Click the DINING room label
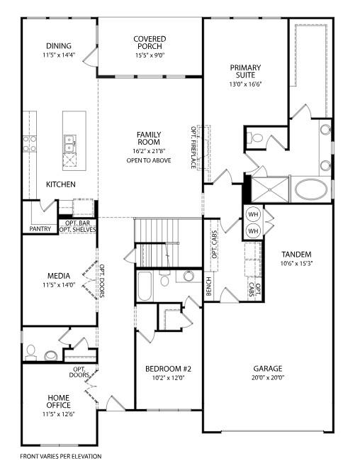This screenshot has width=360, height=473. click(59, 45)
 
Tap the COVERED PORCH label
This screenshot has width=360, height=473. click(150, 43)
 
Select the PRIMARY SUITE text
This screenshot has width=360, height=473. click(245, 72)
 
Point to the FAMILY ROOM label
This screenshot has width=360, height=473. click(149, 138)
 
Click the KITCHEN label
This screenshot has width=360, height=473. click(61, 184)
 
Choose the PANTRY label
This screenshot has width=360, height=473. click(40, 229)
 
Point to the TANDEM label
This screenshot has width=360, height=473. click(296, 255)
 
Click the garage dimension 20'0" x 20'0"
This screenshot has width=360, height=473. click(268, 378)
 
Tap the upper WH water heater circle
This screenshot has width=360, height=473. click(253, 214)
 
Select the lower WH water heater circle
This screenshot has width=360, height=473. click(253, 231)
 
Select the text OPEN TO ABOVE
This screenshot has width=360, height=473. click(149, 161)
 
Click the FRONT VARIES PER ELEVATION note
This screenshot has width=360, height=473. click(61, 456)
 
